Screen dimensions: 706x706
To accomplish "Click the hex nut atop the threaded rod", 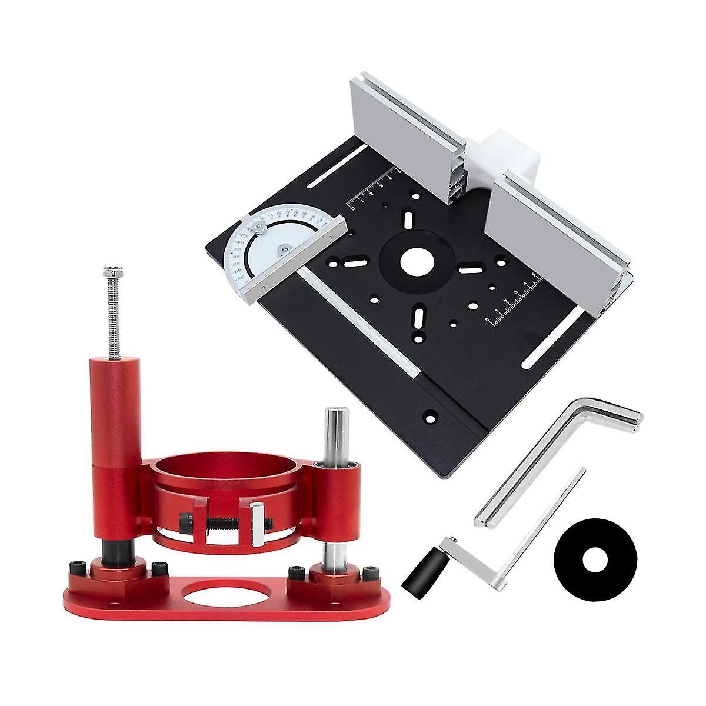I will (111, 272).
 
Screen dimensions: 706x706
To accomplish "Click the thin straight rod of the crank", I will (547, 506).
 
